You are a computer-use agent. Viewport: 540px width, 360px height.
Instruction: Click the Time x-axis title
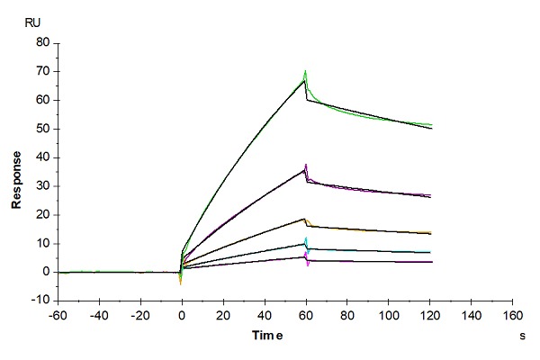(265, 335)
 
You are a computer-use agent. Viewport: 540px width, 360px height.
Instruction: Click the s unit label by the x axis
(522, 335)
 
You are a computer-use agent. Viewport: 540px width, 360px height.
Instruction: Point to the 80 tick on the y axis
(41, 42)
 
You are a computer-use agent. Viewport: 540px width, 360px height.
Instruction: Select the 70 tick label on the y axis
(41, 71)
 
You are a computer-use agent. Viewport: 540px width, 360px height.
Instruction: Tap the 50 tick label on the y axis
(41, 129)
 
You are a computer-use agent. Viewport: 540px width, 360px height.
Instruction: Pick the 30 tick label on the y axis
(41, 186)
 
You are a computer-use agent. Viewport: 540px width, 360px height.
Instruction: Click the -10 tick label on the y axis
(39, 301)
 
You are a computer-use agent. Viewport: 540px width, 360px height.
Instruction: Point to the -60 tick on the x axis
(57, 316)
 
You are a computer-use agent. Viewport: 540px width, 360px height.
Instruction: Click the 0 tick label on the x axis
(182, 316)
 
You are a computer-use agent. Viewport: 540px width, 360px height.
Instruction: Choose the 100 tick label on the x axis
(389, 316)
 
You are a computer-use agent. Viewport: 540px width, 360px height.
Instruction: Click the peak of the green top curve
(306, 72)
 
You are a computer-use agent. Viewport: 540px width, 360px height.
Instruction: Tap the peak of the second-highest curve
(306, 166)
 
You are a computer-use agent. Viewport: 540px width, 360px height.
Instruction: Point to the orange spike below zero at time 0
(181, 283)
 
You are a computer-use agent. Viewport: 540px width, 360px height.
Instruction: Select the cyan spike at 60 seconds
(307, 239)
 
